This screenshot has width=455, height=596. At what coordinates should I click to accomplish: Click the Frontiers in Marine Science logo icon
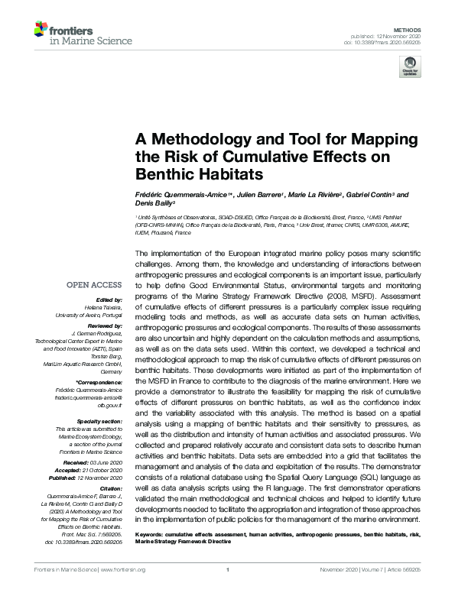pos(42,31)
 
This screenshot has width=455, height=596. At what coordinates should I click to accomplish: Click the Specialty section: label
pos(101,421)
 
